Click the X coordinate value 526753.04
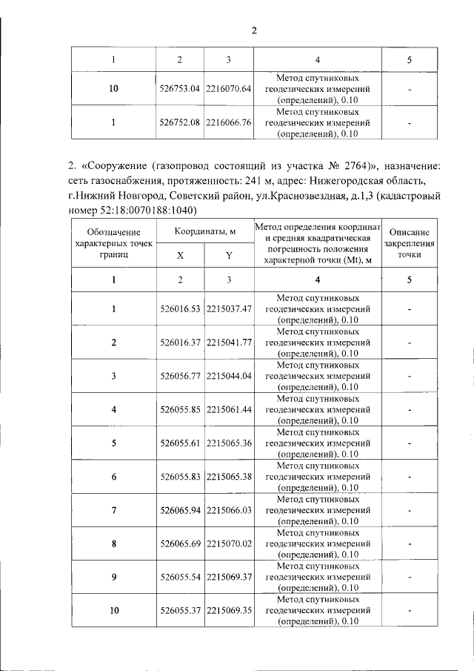(x=180, y=89)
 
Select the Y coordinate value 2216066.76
(x=229, y=123)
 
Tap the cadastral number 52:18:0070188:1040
(x=131, y=210)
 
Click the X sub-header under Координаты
(x=180, y=255)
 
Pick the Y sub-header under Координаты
(x=229, y=255)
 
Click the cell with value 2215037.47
(x=229, y=308)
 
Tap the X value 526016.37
(x=180, y=342)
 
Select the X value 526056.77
(x=180, y=376)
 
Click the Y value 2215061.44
(x=229, y=409)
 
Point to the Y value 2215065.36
(x=229, y=443)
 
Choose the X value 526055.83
(x=180, y=477)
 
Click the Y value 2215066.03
(x=229, y=510)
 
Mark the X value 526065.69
(x=180, y=543)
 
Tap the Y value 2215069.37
(x=229, y=577)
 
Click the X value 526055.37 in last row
(x=180, y=610)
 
